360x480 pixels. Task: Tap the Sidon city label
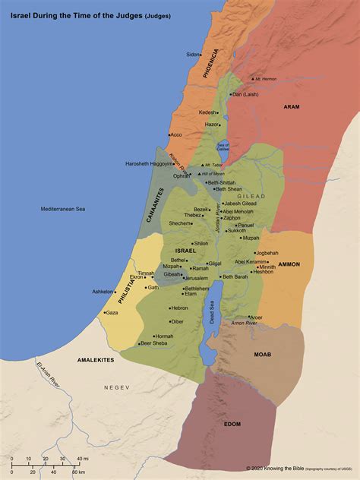pyautogui.click(x=193, y=55)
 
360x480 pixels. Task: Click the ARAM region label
pyautogui.click(x=292, y=107)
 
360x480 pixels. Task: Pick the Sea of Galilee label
pyautogui.click(x=223, y=146)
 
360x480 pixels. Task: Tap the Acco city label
pyautogui.click(x=177, y=134)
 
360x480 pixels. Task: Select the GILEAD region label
pyautogui.click(x=251, y=196)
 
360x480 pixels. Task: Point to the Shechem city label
pyautogui.click(x=179, y=223)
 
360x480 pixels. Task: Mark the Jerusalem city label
pyautogui.click(x=195, y=278)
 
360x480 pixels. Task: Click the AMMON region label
pyautogui.click(x=289, y=264)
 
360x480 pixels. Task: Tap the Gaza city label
pyautogui.click(x=112, y=313)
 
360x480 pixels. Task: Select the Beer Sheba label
pyautogui.click(x=153, y=343)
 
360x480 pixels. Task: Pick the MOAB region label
pyautogui.click(x=263, y=354)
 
